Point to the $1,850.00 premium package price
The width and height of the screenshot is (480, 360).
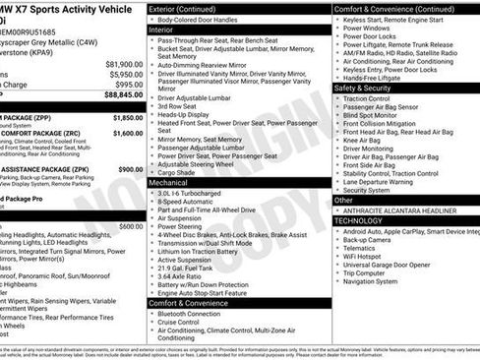123,117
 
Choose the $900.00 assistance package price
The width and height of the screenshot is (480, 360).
127,168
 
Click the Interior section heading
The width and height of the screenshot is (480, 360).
161,30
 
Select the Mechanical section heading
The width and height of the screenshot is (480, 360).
168,183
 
